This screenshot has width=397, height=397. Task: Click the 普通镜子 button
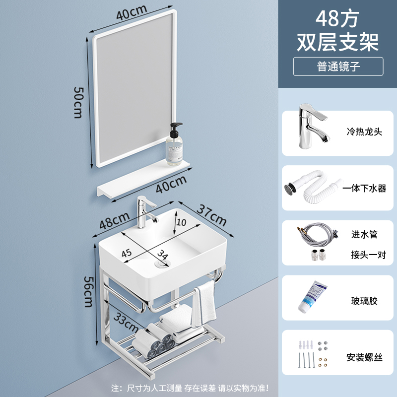point(338,66)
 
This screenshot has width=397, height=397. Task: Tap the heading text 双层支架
point(338,42)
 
